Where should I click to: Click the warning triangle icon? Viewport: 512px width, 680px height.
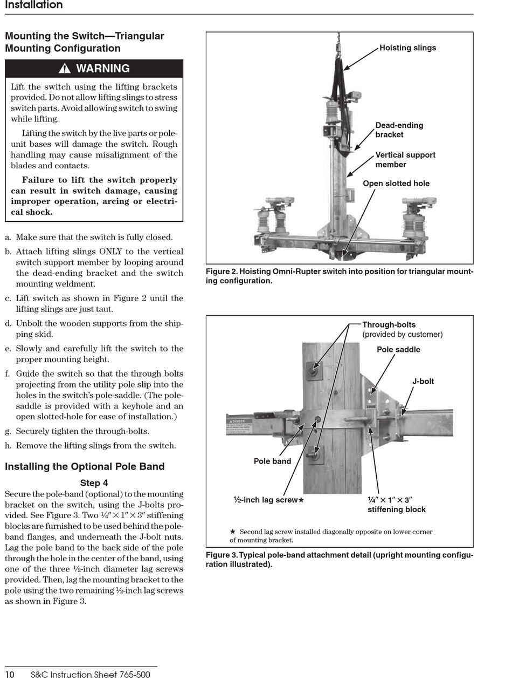coord(64,68)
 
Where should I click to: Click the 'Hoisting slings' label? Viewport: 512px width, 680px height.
coord(407,47)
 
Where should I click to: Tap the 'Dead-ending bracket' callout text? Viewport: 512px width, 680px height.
coord(399,130)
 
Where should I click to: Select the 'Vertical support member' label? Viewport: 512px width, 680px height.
coord(405,160)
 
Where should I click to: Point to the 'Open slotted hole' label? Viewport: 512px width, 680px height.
coord(396,183)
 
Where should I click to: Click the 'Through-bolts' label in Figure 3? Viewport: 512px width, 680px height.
coord(389,324)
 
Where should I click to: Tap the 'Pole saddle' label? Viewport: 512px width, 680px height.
coord(398,349)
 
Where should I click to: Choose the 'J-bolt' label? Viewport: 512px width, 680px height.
coord(423,381)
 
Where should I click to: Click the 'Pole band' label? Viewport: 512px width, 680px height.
coord(272,461)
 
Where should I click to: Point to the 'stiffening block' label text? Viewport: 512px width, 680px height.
coord(396,509)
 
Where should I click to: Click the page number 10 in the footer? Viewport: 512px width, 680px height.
coord(10,675)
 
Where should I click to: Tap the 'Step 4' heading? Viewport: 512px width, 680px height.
coord(94,482)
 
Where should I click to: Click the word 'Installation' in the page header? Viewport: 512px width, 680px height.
coord(34,5)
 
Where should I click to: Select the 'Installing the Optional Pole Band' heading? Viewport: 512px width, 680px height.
coord(85,466)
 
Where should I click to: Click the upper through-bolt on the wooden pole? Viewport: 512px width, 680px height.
coord(314,370)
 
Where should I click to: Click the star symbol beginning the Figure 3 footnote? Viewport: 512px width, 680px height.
coord(232,532)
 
